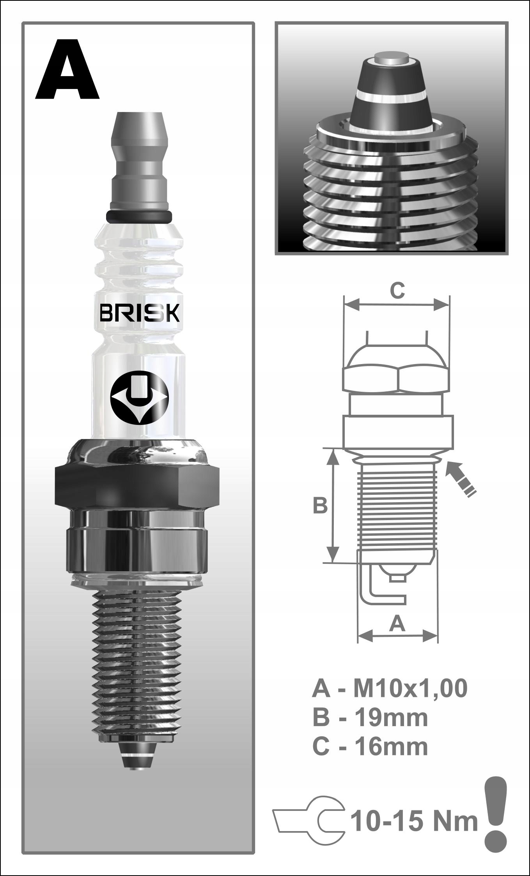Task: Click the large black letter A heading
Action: pyautogui.click(x=67, y=69)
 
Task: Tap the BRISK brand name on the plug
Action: pyautogui.click(x=140, y=313)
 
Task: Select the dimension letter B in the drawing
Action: pyautogui.click(x=320, y=506)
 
